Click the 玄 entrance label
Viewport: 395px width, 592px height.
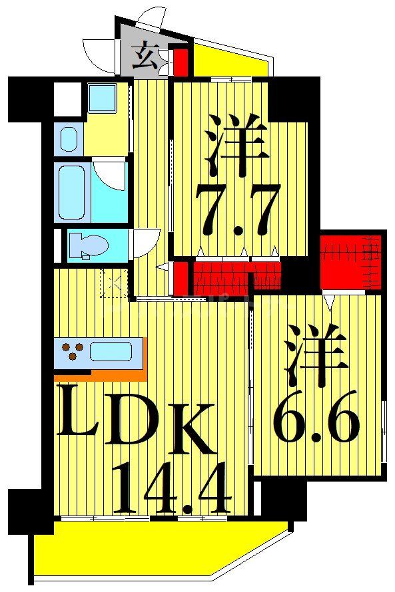(x=146, y=57)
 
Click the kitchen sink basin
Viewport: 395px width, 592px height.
(x=111, y=351)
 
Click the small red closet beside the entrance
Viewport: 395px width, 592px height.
(x=180, y=63)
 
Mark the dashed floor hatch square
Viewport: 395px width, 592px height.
(x=113, y=284)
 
